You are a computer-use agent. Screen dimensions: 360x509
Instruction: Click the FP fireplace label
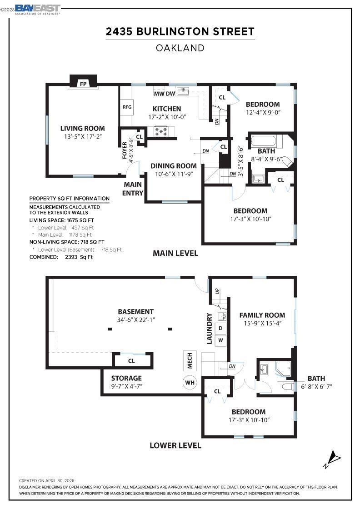pyautogui.click(x=84, y=84)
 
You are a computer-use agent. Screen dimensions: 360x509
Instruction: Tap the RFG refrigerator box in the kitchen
pyautogui.click(x=127, y=107)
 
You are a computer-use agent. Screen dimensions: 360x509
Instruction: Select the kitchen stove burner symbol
pyautogui.click(x=161, y=131)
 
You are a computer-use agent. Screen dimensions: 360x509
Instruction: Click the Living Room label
pyautogui.click(x=82, y=128)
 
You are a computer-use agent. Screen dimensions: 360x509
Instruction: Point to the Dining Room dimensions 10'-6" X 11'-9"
pyautogui.click(x=174, y=174)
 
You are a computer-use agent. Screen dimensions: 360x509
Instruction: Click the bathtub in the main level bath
pyautogui.click(x=263, y=141)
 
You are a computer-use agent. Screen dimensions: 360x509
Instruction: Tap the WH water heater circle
pyautogui.click(x=190, y=382)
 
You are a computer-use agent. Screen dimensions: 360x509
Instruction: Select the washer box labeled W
pyautogui.click(x=221, y=340)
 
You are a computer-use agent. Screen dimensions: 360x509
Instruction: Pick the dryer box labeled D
pyautogui.click(x=221, y=328)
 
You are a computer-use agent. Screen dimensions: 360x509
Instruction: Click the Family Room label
pyautogui.click(x=262, y=315)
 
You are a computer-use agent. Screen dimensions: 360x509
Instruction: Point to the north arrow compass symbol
pyautogui.click(x=332, y=459)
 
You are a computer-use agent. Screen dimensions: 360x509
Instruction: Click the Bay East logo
pyautogui.click(x=37, y=9)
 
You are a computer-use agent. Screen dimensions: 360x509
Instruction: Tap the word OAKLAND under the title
pyautogui.click(x=180, y=48)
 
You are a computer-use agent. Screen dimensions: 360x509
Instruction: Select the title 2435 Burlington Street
pyautogui.click(x=180, y=31)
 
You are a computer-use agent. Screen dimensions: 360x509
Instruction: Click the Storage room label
pyautogui.click(x=127, y=378)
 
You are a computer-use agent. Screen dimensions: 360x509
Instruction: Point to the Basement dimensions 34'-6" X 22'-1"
pyautogui.click(x=136, y=320)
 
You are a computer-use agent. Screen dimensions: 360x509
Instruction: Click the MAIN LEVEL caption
pyautogui.click(x=175, y=253)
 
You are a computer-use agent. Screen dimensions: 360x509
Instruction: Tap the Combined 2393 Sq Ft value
pyautogui.click(x=79, y=257)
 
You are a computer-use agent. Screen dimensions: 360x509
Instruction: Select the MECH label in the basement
pyautogui.click(x=190, y=361)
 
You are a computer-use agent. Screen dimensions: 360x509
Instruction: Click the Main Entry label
pyautogui.click(x=133, y=189)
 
